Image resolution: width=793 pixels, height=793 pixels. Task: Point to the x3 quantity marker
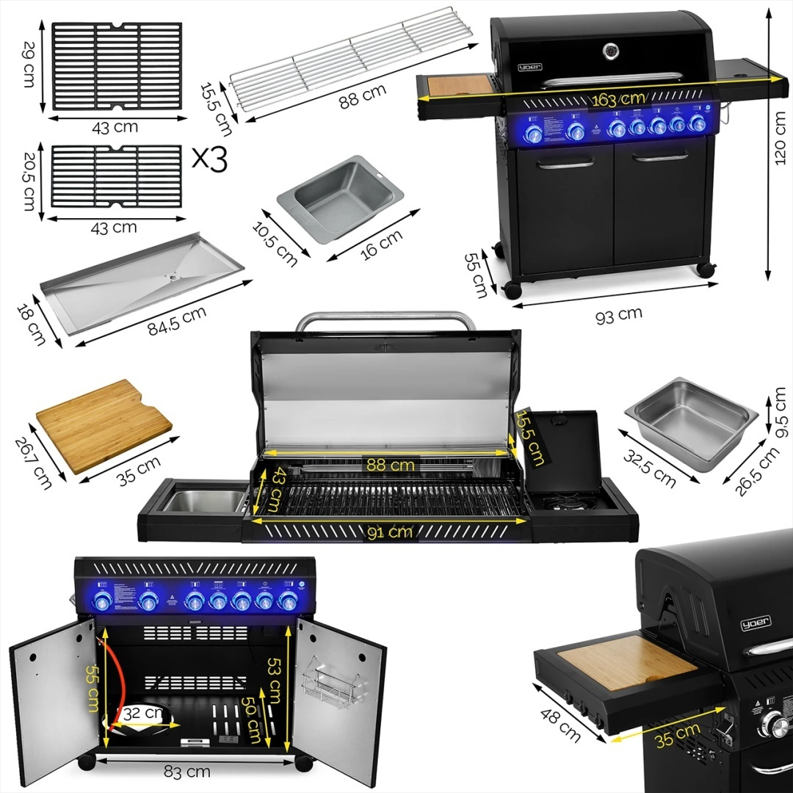pyautogui.click(x=209, y=160)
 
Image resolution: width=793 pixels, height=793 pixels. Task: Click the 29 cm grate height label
pyautogui.click(x=27, y=65)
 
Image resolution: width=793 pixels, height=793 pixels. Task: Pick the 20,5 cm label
pyautogui.click(x=27, y=181)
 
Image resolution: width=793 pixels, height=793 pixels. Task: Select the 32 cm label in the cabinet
pyautogui.click(x=142, y=713)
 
